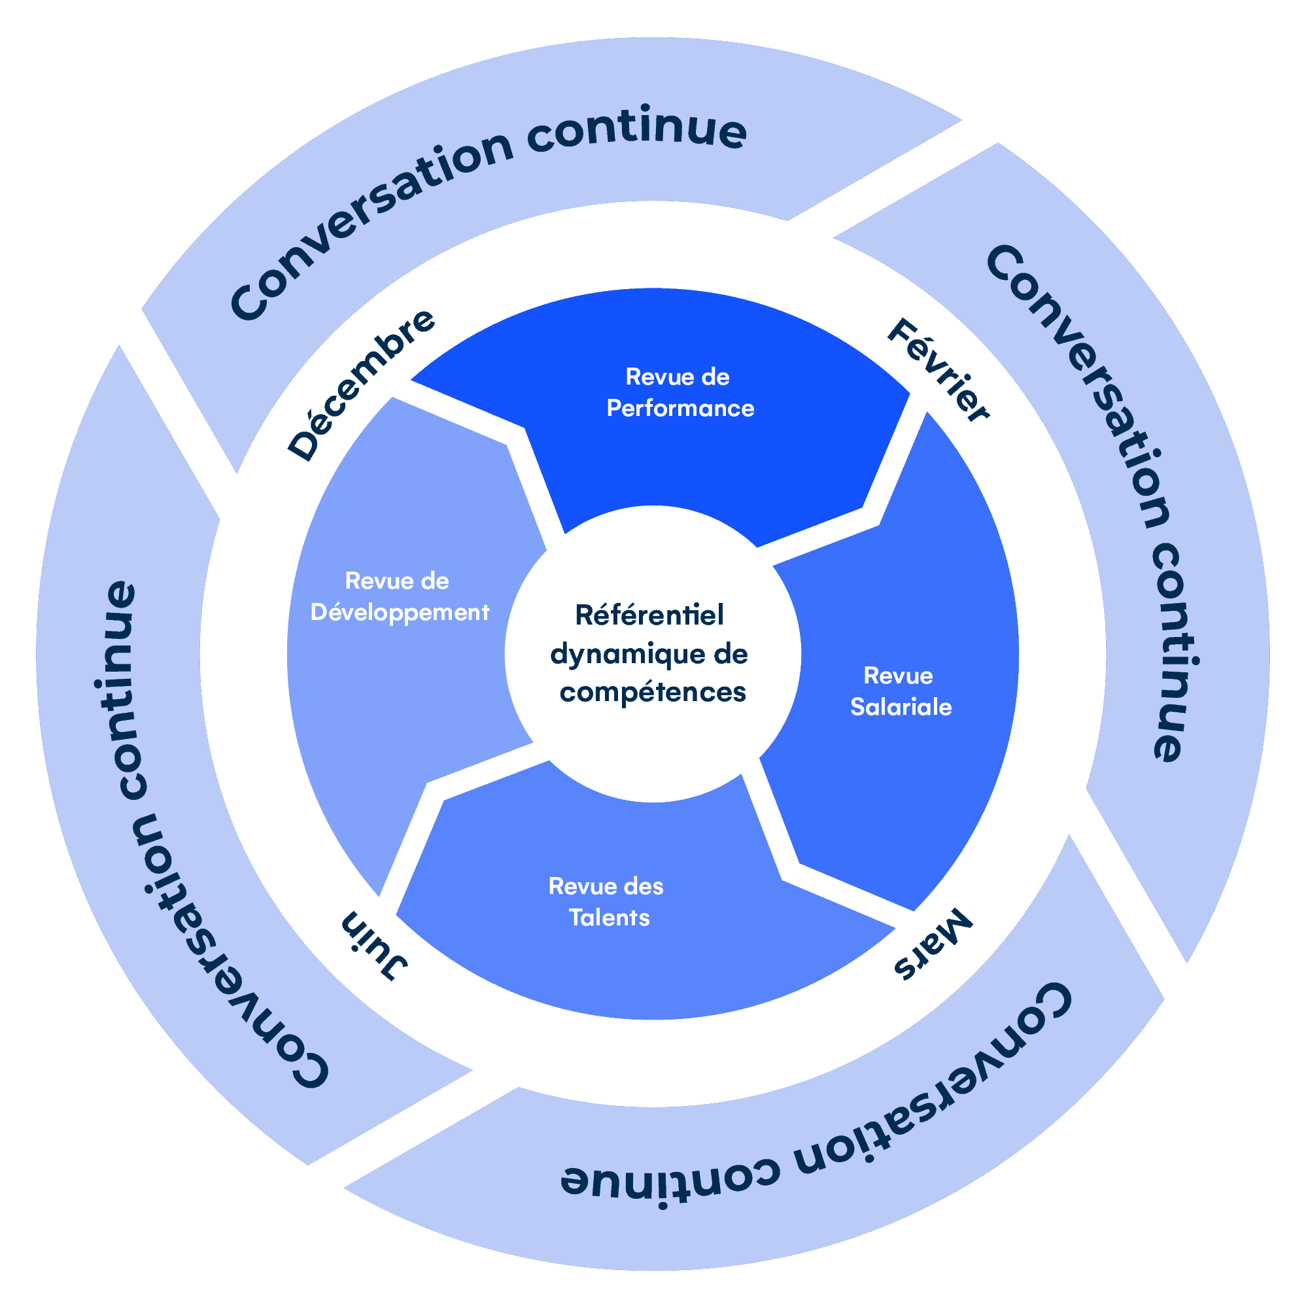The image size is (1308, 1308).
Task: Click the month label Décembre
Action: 362,385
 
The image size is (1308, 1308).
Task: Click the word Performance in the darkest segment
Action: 680,408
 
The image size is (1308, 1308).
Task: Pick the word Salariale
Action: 901,707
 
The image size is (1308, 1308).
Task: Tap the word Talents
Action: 609,918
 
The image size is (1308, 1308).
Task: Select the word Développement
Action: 400,613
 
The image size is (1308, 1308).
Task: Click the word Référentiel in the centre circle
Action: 649,615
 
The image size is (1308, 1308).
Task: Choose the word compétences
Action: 652,693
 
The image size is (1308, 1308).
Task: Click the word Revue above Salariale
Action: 898,676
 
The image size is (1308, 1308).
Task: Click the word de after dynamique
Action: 730,654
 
